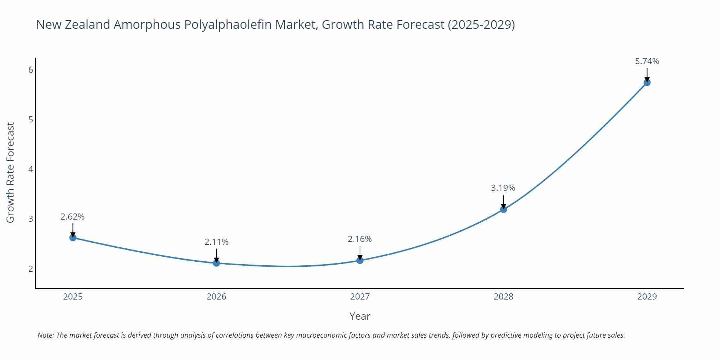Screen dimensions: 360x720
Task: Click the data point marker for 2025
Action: pyautogui.click(x=73, y=238)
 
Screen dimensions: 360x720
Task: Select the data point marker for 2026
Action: pyautogui.click(x=216, y=263)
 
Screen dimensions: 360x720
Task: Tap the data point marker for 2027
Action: pyautogui.click(x=360, y=260)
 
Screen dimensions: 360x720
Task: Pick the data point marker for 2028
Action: pyautogui.click(x=503, y=209)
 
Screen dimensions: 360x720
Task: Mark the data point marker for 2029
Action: pyautogui.click(x=647, y=82)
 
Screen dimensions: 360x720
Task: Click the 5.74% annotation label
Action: pyautogui.click(x=647, y=61)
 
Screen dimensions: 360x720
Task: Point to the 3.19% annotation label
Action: pyautogui.click(x=503, y=188)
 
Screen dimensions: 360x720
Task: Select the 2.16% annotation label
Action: pyautogui.click(x=360, y=239)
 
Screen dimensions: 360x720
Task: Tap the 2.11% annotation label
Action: pyautogui.click(x=216, y=242)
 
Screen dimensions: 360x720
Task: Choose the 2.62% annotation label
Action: pyautogui.click(x=72, y=217)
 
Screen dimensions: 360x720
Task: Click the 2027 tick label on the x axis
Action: pyautogui.click(x=360, y=297)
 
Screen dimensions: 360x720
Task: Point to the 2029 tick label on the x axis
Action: pyautogui.click(x=647, y=297)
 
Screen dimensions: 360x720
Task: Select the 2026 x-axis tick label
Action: pyautogui.click(x=216, y=297)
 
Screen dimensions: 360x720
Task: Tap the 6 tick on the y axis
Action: pyautogui.click(x=31, y=70)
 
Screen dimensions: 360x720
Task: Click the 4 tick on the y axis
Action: pyautogui.click(x=31, y=169)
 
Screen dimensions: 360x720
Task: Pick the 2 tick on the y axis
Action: pyautogui.click(x=31, y=269)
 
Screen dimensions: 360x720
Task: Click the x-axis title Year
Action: pyautogui.click(x=360, y=316)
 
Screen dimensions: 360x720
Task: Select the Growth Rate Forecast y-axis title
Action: pyautogui.click(x=10, y=172)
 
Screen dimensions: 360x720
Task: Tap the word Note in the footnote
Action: pyautogui.click(x=45, y=335)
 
